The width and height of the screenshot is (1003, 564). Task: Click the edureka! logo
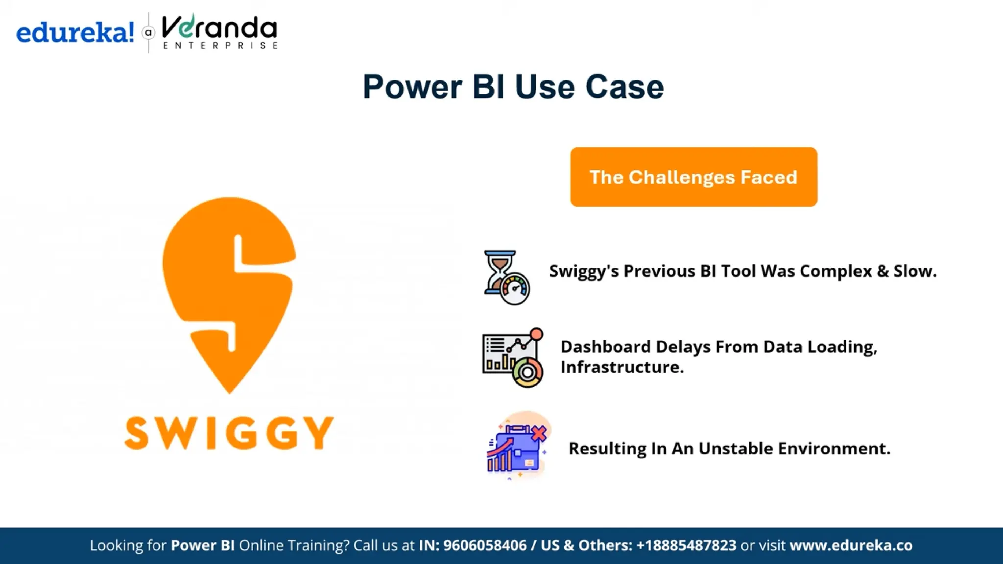click(x=75, y=33)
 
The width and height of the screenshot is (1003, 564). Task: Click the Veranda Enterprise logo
click(x=219, y=32)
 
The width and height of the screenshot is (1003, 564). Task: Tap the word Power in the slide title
click(x=412, y=87)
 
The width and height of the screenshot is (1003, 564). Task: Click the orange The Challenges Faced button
click(x=693, y=177)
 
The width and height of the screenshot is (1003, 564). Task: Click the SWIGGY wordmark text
click(x=229, y=433)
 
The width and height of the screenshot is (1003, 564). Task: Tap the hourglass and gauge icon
click(x=506, y=277)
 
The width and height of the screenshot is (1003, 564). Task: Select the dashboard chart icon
click(x=513, y=357)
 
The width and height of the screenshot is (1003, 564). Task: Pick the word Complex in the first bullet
click(x=836, y=271)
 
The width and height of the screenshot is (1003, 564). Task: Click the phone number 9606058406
click(x=485, y=545)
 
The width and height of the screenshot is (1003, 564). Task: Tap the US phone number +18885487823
click(x=686, y=545)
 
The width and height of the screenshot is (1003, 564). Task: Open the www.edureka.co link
click(x=851, y=545)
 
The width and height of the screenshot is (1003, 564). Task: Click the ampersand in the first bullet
click(x=883, y=271)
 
